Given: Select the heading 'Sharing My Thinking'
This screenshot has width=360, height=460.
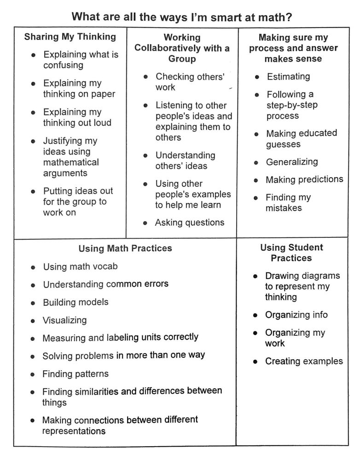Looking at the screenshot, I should pos(70,37).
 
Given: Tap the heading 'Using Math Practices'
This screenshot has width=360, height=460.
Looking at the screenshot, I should pos(125,248).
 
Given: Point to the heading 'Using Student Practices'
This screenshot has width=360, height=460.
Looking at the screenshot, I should pos(291,253).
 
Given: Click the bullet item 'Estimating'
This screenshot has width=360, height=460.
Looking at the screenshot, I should pos(288,77).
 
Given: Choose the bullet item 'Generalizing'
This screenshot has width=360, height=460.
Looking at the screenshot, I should pos(292,162).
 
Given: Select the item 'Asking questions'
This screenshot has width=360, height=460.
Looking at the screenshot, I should pos(190,223).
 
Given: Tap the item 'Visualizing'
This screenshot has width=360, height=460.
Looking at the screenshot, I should pos(64,320).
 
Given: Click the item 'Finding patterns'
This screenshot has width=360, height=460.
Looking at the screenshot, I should pos(75,374).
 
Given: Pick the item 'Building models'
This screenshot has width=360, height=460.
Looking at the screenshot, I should pos(75,302).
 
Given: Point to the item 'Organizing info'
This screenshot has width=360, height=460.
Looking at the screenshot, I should pos(296,315).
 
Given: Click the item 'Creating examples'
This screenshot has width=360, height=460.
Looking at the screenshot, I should pos(304,361).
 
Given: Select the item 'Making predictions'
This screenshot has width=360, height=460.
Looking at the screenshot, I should pos(304,179).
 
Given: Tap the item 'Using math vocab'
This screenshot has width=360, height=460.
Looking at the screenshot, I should pos(80,267).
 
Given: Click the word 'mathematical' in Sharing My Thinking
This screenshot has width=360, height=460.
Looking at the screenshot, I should pos(71,162).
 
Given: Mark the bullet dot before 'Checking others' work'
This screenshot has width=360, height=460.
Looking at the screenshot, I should pos(145,77).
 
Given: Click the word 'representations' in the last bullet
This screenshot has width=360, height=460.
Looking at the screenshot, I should pos(74,431).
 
